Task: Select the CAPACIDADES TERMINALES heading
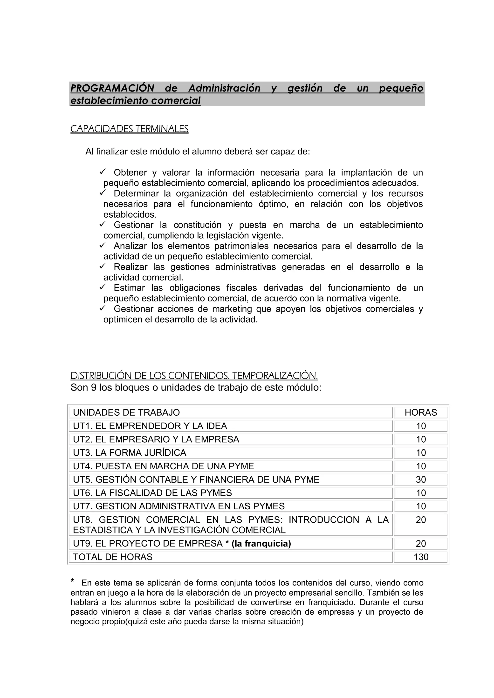(129, 129)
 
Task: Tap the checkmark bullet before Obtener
(102, 172)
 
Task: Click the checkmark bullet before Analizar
(102, 245)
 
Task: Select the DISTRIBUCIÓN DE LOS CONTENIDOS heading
(194, 376)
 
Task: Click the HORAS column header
(421, 412)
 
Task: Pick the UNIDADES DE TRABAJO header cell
(126, 412)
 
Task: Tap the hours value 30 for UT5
(421, 479)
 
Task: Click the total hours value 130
(421, 557)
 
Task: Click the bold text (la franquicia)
(261, 544)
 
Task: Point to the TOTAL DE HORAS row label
(113, 557)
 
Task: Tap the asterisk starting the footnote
(72, 581)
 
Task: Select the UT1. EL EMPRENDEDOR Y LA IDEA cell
(150, 426)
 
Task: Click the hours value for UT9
(421, 544)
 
